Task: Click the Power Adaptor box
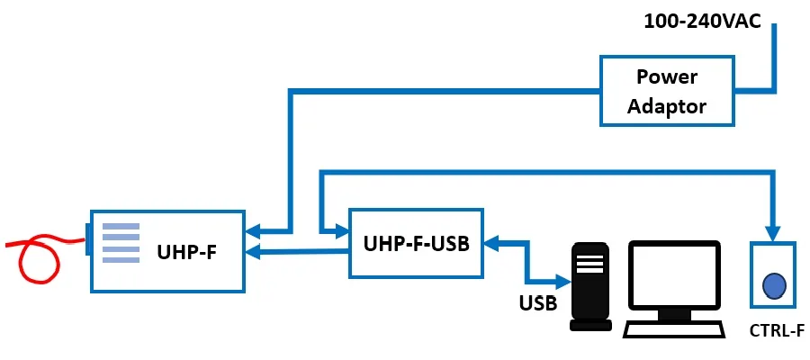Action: (666, 91)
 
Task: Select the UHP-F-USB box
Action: (417, 243)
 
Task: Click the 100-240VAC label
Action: (703, 22)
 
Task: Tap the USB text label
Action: (537, 303)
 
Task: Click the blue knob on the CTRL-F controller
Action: (773, 285)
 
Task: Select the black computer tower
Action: (590, 286)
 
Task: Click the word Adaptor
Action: (666, 106)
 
